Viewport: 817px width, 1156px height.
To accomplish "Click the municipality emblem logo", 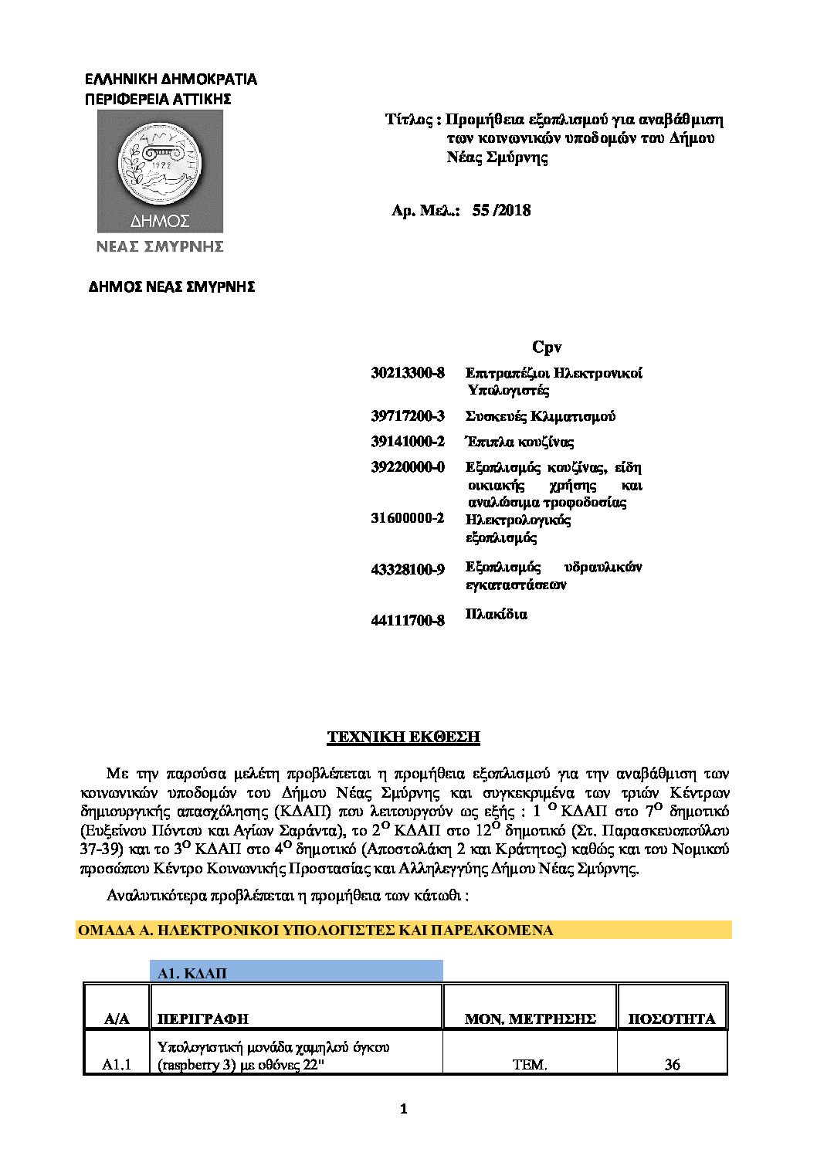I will [160, 171].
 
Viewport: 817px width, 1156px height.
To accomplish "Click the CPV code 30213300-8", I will [408, 373].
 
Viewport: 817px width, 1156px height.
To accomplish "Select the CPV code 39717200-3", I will [408, 416].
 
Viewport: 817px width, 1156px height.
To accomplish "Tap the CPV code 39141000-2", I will [408, 442].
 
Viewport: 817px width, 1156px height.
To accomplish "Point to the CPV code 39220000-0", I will [408, 467].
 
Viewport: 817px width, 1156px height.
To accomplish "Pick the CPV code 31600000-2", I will [408, 519].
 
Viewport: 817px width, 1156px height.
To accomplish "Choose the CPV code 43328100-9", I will [408, 570].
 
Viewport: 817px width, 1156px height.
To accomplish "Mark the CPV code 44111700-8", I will [408, 620].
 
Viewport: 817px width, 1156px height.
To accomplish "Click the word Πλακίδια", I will [497, 615].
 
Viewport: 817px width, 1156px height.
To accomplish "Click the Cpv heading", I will [547, 347].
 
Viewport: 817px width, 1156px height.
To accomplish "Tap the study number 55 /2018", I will [501, 210].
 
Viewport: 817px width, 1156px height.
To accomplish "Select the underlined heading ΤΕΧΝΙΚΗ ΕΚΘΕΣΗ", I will [403, 737].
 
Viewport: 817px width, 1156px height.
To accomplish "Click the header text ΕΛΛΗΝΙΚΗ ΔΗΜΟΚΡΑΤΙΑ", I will [170, 79].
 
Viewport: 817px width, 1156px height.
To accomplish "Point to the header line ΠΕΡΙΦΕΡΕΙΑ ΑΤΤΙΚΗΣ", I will [158, 99].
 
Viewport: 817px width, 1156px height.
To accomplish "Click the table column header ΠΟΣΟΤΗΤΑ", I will [672, 1019].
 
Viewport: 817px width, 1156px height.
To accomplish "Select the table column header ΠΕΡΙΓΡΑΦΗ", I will [203, 1019].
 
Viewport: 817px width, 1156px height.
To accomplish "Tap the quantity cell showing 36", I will [672, 1064].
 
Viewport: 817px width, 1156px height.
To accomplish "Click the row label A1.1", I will [117, 1064].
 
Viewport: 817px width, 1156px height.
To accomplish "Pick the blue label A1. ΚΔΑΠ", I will [192, 973].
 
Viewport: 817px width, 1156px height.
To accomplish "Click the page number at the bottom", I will [403, 1109].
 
